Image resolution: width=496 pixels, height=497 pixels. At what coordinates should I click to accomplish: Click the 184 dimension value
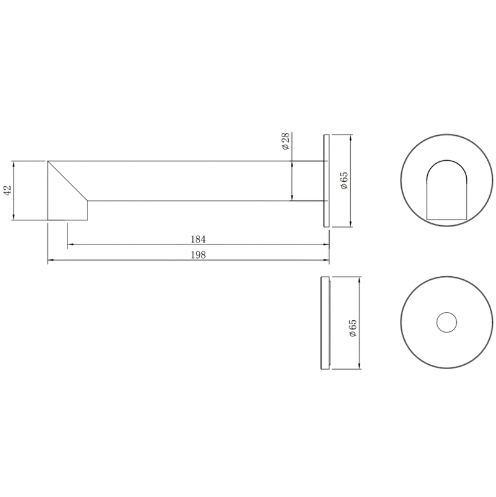tap(198, 240)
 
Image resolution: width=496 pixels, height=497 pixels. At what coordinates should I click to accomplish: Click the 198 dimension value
tap(198, 255)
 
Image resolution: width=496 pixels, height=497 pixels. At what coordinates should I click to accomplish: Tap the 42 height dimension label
tap(7, 190)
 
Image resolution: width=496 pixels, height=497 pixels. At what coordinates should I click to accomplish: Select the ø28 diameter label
tap(285, 141)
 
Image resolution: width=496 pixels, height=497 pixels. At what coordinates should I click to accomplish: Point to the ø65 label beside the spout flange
tap(343, 181)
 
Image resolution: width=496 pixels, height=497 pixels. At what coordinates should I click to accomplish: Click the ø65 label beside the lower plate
tap(353, 328)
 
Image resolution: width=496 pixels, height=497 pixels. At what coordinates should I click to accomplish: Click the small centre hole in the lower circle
tap(446, 323)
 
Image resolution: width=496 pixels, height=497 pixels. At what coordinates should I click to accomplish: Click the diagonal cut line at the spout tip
tap(68, 181)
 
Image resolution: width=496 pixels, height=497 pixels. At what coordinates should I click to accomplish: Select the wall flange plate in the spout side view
tap(326, 181)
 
